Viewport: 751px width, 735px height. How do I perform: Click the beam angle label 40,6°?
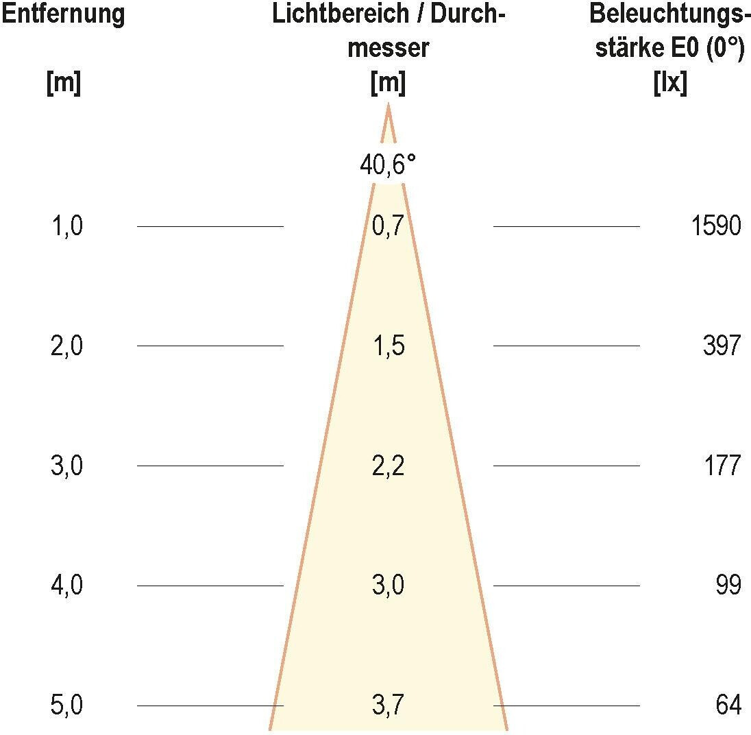point(388,165)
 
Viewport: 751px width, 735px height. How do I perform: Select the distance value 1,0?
point(66,226)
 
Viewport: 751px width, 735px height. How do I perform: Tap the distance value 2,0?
point(66,346)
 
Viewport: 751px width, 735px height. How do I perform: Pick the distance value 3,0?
point(66,466)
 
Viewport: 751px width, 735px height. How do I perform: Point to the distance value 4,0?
point(66,586)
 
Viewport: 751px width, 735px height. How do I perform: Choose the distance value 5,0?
point(66,706)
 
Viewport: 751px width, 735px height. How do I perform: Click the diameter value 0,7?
point(388,226)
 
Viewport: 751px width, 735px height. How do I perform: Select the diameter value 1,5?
point(388,346)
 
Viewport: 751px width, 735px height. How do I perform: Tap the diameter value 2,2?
point(388,466)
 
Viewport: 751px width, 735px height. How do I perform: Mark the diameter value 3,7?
point(388,706)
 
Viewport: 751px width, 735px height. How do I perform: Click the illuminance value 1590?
point(716,226)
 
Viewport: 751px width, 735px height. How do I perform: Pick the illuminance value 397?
point(722,346)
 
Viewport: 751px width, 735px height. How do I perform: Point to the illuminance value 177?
point(722,466)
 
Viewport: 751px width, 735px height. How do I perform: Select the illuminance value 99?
point(728,586)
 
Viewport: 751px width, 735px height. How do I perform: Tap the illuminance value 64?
point(728,706)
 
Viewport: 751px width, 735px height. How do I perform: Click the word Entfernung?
point(63,14)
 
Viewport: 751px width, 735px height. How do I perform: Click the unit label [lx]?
point(670,84)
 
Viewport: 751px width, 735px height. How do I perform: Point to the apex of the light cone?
point(389,105)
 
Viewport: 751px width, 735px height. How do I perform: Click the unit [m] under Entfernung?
point(63,84)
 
